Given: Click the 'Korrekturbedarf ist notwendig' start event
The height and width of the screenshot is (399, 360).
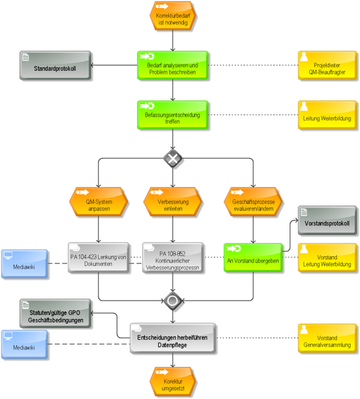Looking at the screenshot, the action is click(x=173, y=16).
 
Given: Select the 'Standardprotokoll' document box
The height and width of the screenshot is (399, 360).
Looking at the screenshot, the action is click(x=55, y=65).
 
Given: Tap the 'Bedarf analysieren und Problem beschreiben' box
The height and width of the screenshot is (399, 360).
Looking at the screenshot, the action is click(x=173, y=65).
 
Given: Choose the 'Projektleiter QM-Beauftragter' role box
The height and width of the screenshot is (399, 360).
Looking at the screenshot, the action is click(x=327, y=65).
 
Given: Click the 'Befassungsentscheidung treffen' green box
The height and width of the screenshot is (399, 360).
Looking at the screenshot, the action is click(x=173, y=115).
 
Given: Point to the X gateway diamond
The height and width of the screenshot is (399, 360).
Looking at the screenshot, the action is click(x=173, y=158).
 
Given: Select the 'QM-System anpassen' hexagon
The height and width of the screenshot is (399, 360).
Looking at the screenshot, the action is click(x=99, y=201).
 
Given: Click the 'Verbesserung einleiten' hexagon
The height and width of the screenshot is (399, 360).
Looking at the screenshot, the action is click(x=173, y=201).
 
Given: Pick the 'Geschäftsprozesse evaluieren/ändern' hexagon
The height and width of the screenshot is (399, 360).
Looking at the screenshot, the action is click(x=253, y=201).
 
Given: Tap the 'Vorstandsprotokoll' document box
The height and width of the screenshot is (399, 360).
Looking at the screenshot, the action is click(x=327, y=220).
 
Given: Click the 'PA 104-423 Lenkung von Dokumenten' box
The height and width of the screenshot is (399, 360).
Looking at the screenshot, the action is click(x=98, y=257).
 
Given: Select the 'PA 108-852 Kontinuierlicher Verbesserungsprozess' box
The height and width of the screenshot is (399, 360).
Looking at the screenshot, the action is click(x=173, y=257).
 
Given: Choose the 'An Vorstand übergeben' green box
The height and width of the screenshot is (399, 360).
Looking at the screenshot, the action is click(x=253, y=257).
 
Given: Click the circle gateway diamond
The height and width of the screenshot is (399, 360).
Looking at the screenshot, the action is click(x=173, y=301).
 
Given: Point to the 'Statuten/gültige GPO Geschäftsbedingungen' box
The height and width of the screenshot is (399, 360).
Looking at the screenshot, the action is click(x=55, y=313).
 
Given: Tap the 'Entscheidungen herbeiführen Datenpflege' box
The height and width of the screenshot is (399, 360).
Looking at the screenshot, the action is click(x=173, y=338).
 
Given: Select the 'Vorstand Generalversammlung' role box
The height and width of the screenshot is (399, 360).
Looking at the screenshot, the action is click(x=327, y=338).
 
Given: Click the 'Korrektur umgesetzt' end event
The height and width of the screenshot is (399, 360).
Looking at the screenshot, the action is click(x=173, y=382).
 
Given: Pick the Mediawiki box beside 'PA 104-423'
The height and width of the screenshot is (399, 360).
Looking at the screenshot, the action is click(x=25, y=263).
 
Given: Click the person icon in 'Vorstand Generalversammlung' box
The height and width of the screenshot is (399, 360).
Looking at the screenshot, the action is click(x=304, y=330).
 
